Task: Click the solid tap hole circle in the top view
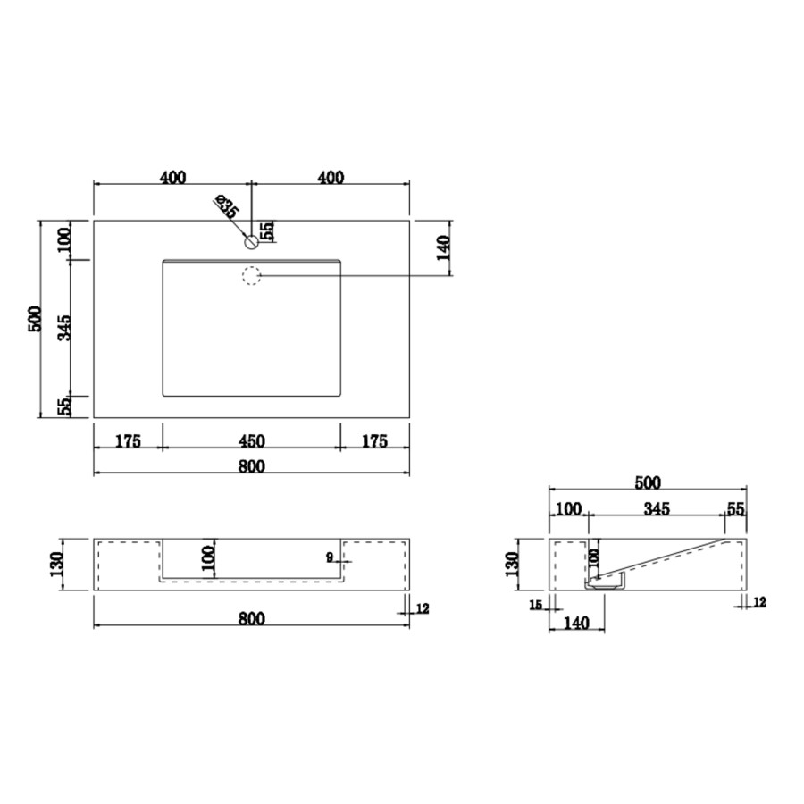tap(251, 241)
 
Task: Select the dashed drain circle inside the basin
tap(251, 276)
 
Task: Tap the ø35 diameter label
tap(226, 207)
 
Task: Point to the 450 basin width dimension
tap(251, 440)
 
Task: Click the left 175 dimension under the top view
tap(128, 440)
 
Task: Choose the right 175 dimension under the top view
tap(374, 440)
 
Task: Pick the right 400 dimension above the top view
tap(331, 177)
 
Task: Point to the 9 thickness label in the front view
tap(330, 557)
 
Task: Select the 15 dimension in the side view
tap(536, 605)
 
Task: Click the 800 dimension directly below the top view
tap(251, 465)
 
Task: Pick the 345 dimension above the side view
tap(656, 509)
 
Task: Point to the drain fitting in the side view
tap(607, 583)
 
